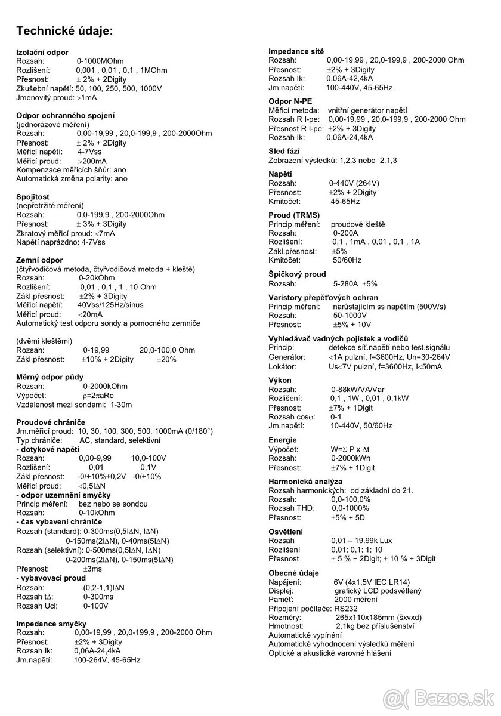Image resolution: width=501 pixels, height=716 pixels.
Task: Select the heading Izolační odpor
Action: (x=42, y=53)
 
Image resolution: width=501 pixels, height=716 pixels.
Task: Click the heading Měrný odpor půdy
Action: (x=50, y=376)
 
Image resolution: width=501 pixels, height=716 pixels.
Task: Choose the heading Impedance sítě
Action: (x=297, y=52)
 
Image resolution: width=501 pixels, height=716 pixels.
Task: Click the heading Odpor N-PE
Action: (x=290, y=101)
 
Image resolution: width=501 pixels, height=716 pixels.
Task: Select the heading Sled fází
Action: (x=284, y=152)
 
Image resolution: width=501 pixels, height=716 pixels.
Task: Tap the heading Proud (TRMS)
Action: (x=294, y=215)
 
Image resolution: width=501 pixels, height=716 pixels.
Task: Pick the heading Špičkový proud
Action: (x=298, y=274)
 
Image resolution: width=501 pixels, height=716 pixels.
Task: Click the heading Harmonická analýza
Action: (x=305, y=481)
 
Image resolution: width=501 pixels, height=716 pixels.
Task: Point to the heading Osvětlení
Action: (x=286, y=532)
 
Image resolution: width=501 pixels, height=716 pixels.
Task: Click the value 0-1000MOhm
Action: (x=100, y=61)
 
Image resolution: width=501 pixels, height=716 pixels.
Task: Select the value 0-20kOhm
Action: (x=97, y=278)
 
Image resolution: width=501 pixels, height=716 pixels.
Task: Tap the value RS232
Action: (x=347, y=608)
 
